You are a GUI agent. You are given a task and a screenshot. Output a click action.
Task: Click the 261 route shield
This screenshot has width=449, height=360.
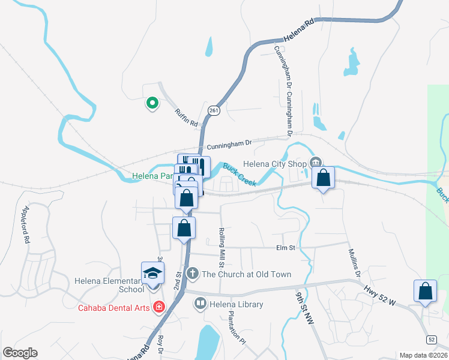point(214,110)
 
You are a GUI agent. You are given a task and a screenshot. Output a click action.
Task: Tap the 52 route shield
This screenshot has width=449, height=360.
point(432,340)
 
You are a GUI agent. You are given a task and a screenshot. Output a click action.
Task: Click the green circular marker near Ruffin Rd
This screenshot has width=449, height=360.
point(152,103)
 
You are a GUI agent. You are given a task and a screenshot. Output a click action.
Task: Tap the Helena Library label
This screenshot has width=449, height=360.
point(236,304)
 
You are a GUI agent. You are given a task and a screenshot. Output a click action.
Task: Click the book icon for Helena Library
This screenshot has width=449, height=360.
point(199,304)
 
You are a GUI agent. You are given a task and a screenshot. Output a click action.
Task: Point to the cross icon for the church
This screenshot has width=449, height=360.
point(192,274)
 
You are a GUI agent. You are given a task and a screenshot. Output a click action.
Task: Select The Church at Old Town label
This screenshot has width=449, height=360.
point(246,274)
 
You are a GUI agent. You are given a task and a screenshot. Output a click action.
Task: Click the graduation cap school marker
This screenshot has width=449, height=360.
point(152,273)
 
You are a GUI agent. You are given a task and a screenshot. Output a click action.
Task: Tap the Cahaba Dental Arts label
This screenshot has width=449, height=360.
point(114,308)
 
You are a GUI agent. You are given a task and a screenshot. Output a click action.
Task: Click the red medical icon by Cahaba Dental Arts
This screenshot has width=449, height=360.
point(158,307)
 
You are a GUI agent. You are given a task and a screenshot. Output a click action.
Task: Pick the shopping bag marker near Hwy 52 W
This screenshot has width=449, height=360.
point(425,291)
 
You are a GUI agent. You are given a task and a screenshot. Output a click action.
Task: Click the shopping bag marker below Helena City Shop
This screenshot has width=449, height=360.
point(323,178)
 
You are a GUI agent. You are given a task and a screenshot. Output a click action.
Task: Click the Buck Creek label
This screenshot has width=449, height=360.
point(240,174)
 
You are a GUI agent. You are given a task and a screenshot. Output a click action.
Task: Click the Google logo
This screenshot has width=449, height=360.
point(20,353)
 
